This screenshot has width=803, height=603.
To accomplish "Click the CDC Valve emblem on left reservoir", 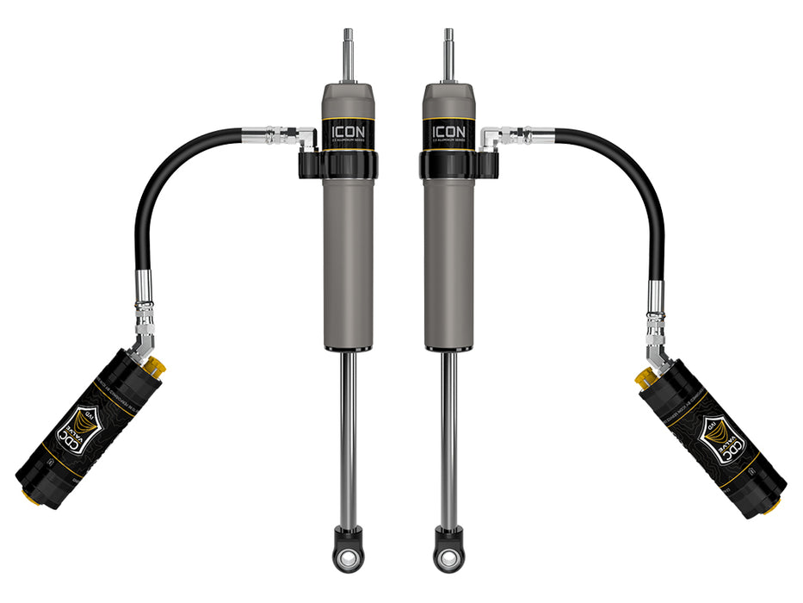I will tap(75, 428).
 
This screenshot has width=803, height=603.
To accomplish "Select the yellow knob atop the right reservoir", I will tap(643, 377).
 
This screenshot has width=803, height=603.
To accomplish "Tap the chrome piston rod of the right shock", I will tap(449, 431).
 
